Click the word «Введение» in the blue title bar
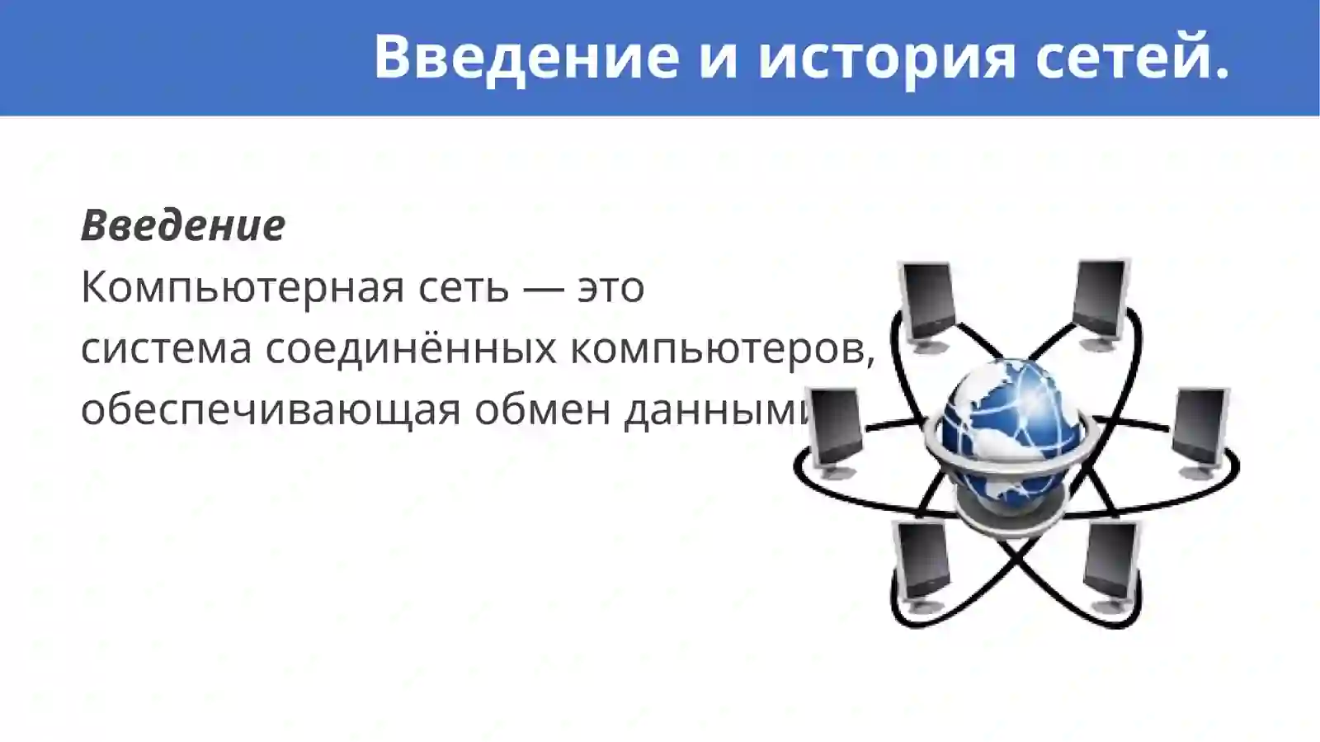point(526,56)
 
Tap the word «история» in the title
point(887,56)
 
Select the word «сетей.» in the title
point(1132,56)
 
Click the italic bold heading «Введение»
point(183,225)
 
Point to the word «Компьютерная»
point(243,288)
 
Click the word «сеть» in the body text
point(464,288)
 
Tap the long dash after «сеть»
point(544,288)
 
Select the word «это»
point(610,288)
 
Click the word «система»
point(166,349)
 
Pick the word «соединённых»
point(411,349)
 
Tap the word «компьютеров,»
point(723,349)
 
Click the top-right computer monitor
point(1101,298)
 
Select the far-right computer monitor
point(1200,430)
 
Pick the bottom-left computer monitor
point(922,561)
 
